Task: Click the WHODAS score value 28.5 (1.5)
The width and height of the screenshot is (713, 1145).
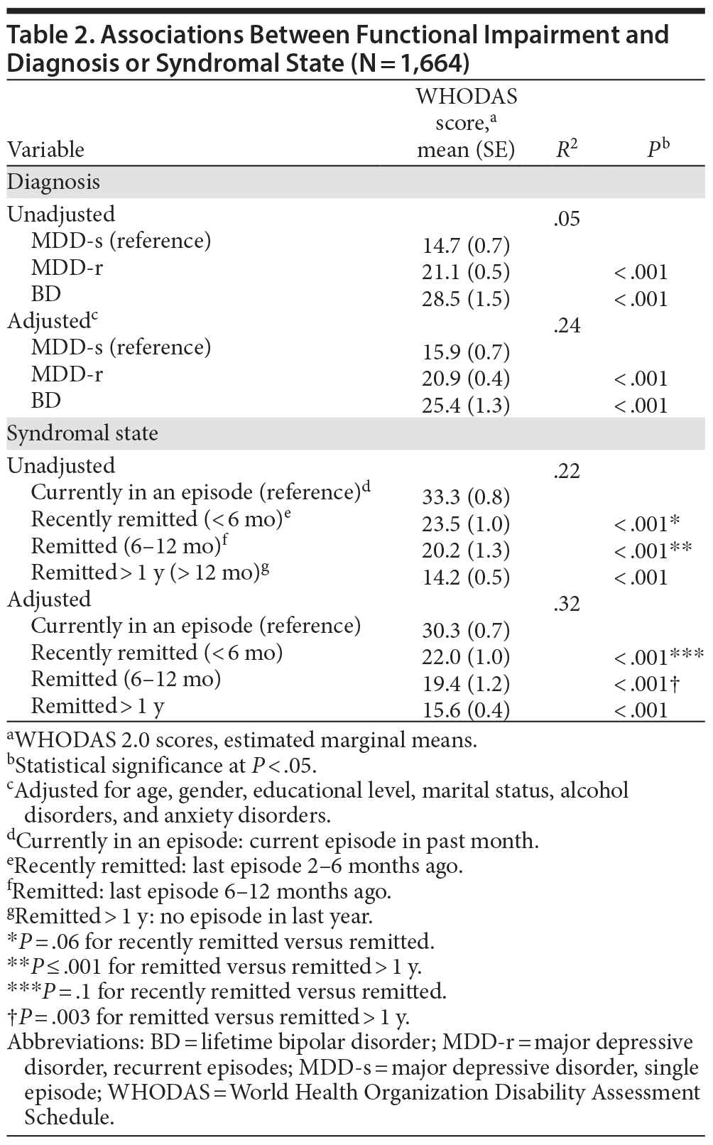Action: pyautogui.click(x=466, y=299)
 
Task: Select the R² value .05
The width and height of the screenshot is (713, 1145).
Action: pyautogui.click(x=566, y=219)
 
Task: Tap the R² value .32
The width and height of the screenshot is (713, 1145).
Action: pyautogui.click(x=566, y=604)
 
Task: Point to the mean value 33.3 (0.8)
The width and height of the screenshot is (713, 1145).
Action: pyautogui.click(x=466, y=497)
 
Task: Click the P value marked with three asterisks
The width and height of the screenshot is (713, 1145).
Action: pyautogui.click(x=658, y=657)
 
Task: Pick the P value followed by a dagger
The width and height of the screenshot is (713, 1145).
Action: pyautogui.click(x=646, y=684)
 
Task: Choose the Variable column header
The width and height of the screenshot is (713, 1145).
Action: pyautogui.click(x=45, y=150)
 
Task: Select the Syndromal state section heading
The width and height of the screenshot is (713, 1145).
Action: pyautogui.click(x=82, y=433)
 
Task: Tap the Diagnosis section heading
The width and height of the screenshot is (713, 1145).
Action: pyautogui.click(x=53, y=182)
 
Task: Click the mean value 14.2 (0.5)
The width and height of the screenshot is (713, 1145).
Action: pyautogui.click(x=466, y=577)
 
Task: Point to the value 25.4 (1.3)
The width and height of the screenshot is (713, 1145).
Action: pyautogui.click(x=466, y=406)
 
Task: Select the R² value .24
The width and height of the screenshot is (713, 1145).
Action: pyautogui.click(x=566, y=325)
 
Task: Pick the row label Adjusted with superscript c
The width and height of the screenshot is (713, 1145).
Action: pyautogui.click(x=51, y=321)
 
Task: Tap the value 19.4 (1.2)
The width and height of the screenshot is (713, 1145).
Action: pyautogui.click(x=466, y=684)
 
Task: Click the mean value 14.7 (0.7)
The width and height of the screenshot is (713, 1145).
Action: pyautogui.click(x=466, y=246)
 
